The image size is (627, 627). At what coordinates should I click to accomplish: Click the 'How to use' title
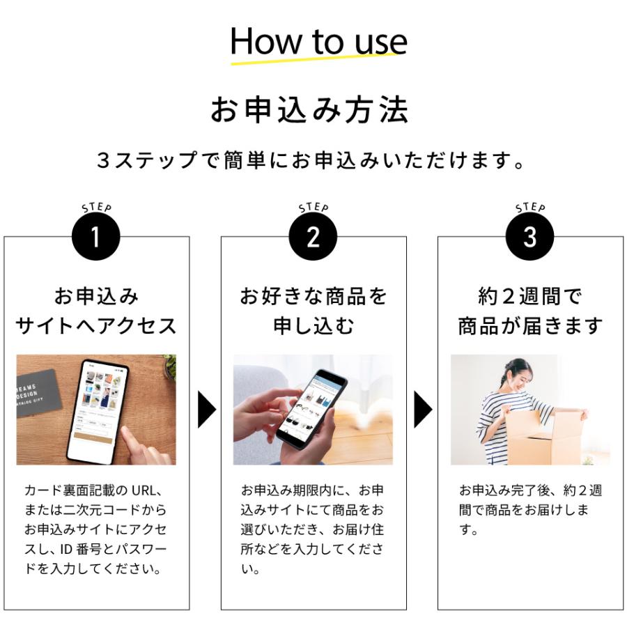pos(318,41)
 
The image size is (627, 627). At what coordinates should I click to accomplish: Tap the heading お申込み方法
pos(309,109)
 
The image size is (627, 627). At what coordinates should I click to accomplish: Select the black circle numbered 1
pos(96,236)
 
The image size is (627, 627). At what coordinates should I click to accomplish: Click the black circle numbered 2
pos(313,236)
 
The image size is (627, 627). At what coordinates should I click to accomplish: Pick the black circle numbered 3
pos(530,236)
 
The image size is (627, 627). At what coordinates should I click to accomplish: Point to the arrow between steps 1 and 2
pos(206,410)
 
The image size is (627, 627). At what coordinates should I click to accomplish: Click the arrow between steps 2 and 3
pos(423,410)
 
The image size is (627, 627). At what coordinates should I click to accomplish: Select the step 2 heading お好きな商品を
pos(313,296)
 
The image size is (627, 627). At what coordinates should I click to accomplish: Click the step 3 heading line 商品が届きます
pos(530,326)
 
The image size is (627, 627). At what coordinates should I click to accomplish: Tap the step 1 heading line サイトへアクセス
pos(96,326)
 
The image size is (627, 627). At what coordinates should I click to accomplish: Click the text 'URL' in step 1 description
pos(143,490)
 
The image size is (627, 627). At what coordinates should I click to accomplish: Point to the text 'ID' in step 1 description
pos(66,549)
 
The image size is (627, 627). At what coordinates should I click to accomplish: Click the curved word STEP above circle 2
pos(313,207)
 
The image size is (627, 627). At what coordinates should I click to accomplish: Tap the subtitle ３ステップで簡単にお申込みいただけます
pos(310,160)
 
